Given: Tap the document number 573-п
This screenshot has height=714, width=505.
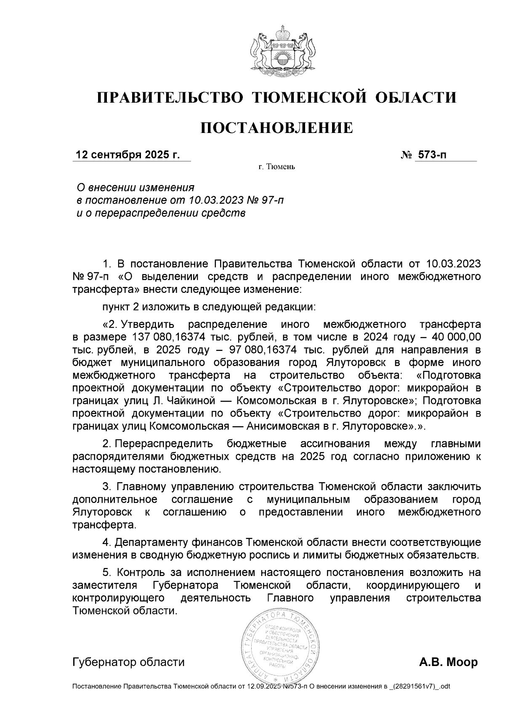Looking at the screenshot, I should click(x=431, y=155).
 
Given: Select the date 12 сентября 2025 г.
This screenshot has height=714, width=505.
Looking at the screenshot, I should click(x=127, y=155).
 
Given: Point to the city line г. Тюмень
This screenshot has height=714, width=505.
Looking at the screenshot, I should click(x=276, y=167).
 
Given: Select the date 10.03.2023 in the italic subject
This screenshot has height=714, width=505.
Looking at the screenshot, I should click(x=215, y=199).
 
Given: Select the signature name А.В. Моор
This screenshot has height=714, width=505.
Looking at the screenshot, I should click(x=448, y=662).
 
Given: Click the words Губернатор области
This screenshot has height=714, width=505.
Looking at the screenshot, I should click(x=128, y=662).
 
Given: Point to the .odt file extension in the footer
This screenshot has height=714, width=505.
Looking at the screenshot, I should click(x=444, y=687).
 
